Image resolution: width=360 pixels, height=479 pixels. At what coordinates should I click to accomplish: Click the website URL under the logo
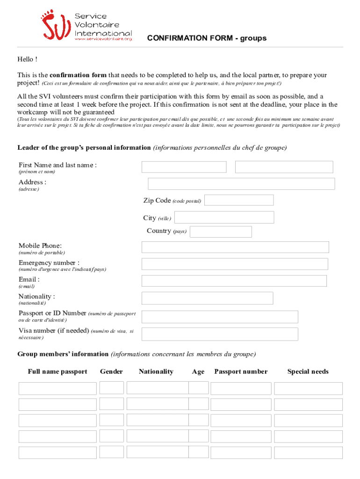tap(103, 39)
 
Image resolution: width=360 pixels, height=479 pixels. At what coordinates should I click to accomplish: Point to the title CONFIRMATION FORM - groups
tap(207, 38)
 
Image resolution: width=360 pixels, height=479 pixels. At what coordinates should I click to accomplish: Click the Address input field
tap(241, 184)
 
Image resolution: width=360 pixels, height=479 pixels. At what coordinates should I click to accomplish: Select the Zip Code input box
tap(239, 200)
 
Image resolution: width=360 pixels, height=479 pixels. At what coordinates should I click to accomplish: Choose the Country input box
tap(221, 232)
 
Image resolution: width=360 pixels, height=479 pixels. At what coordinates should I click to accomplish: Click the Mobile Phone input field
tap(235, 247)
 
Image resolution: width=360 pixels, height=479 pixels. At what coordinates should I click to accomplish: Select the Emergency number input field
tap(235, 264)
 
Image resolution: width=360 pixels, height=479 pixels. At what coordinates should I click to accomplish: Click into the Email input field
tap(234, 281)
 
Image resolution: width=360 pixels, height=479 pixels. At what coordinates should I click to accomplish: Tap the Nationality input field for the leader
tap(207, 298)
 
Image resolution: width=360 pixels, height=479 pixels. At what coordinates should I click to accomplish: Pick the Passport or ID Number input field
tap(220, 317)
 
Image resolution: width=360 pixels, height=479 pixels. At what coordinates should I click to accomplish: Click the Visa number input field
tap(220, 334)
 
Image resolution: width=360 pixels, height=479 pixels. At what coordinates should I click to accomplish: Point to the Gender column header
tap(111, 371)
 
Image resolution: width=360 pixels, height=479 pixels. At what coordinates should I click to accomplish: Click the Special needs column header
tap(308, 371)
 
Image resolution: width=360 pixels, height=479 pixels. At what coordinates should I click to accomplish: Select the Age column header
tap(198, 372)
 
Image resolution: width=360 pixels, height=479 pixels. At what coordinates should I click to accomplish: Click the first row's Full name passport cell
tap(58, 388)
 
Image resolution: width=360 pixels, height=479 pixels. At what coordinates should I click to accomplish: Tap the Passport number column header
tap(241, 371)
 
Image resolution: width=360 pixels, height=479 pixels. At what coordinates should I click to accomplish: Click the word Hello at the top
tap(25, 59)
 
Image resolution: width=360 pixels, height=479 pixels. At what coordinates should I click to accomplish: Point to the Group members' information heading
tap(63, 354)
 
